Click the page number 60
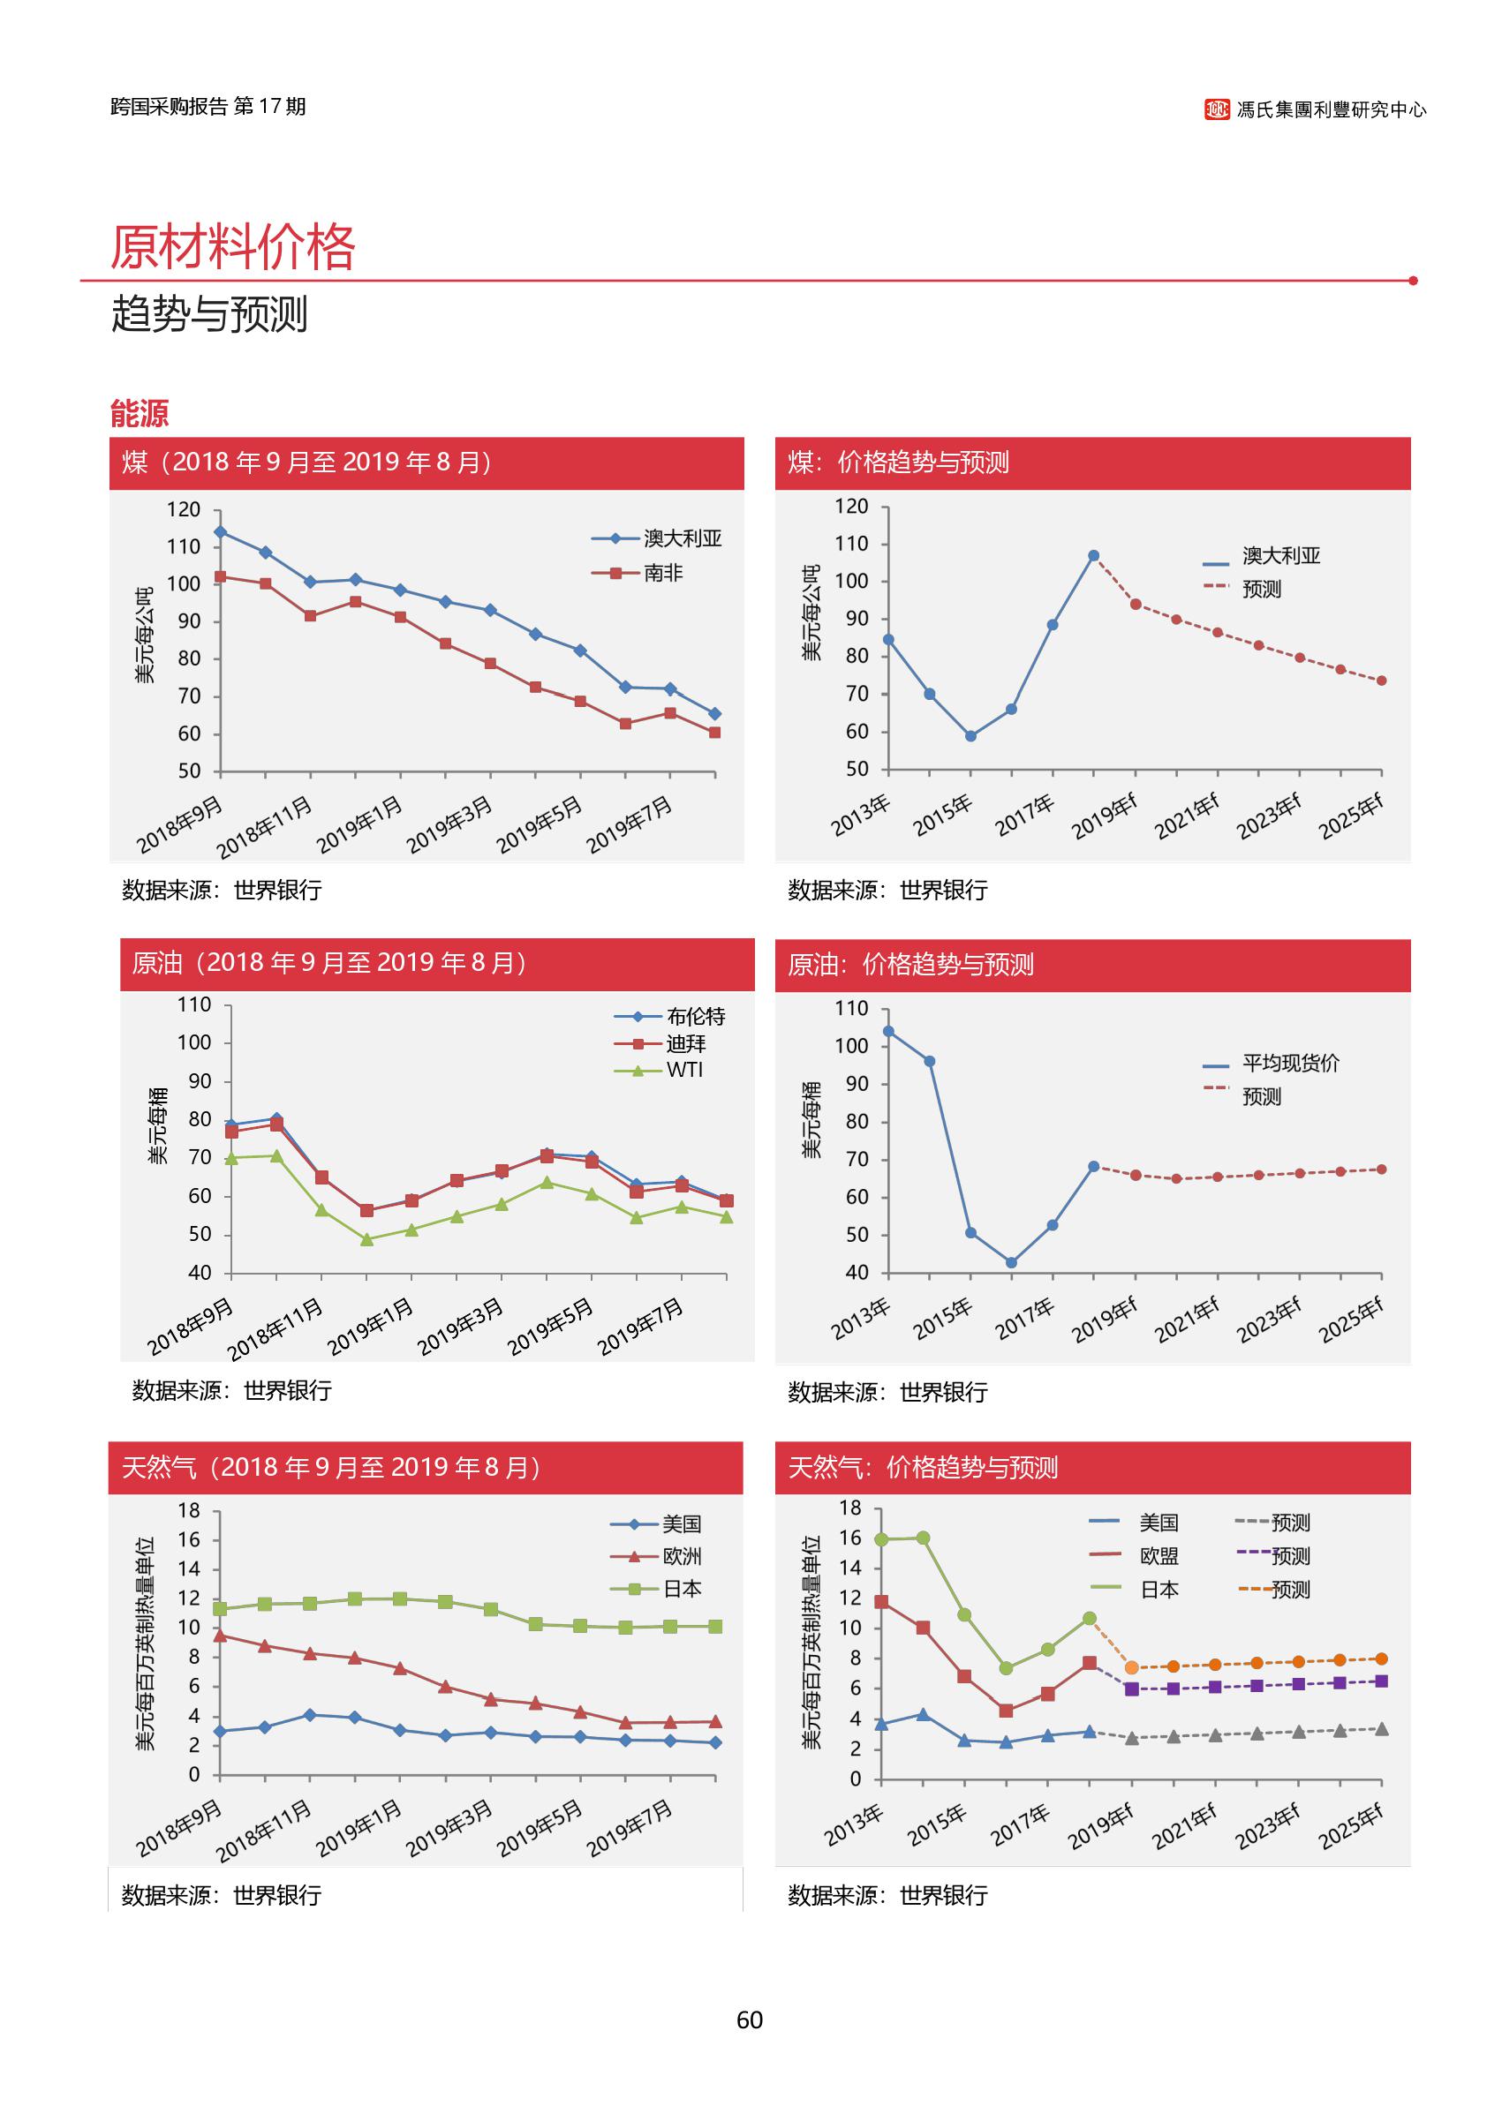click(x=749, y=2020)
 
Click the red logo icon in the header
click(x=1216, y=109)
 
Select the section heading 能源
click(x=139, y=412)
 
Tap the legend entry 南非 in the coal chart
click(x=662, y=573)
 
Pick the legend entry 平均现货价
click(x=1289, y=1064)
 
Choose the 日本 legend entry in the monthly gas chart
click(x=682, y=1588)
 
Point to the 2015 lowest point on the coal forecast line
click(x=970, y=736)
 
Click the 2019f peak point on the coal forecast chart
click(x=1093, y=555)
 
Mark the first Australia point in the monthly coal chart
click(x=220, y=531)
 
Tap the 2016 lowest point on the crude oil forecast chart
click(x=1011, y=1262)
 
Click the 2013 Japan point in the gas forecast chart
click(x=881, y=1539)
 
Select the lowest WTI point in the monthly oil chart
click(x=366, y=1240)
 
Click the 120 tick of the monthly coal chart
click(x=183, y=509)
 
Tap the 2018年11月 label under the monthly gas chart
click(x=265, y=1831)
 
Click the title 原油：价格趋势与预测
click(x=910, y=964)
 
